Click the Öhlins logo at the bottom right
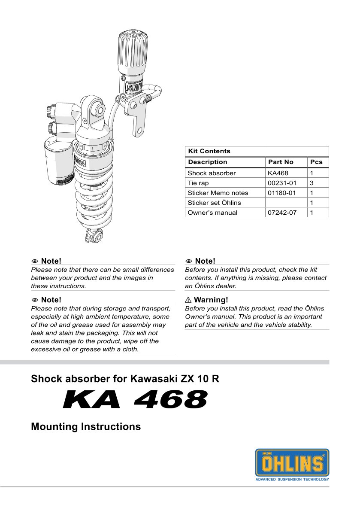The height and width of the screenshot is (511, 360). click(292, 462)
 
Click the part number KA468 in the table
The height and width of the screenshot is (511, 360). click(278, 173)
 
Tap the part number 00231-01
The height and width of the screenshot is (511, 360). click(281, 183)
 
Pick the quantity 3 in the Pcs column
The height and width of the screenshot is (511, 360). click(312, 183)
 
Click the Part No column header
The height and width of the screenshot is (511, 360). click(281, 162)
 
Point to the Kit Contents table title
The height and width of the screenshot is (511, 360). click(209, 151)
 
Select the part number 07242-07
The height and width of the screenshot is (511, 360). click(281, 213)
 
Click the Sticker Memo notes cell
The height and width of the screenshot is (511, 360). click(218, 193)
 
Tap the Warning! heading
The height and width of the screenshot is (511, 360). click(211, 300)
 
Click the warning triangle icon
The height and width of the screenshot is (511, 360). click(188, 300)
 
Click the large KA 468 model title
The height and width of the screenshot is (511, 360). click(135, 399)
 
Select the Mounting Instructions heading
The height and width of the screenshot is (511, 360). click(86, 427)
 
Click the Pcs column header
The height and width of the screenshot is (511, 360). click(316, 162)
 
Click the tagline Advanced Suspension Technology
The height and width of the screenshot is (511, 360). click(292, 479)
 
